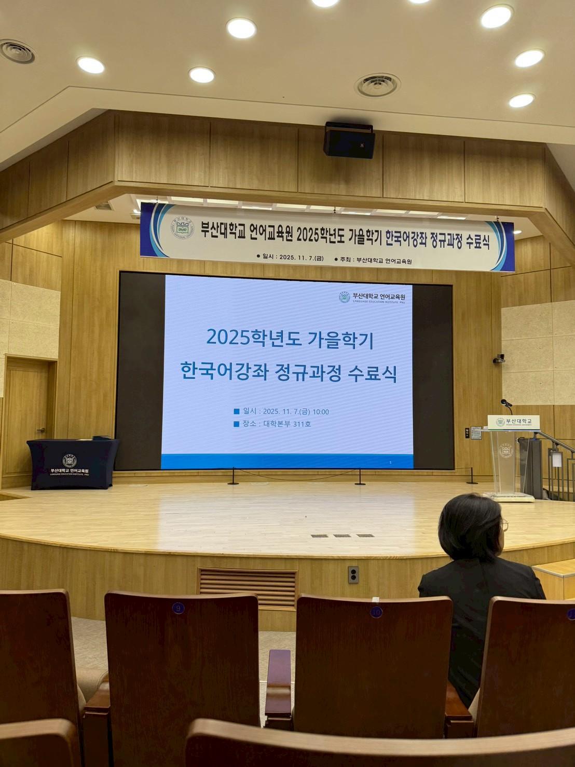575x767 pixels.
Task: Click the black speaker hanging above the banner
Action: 349,140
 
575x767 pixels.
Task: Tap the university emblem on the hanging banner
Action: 182,228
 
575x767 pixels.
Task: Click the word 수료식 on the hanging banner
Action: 477,241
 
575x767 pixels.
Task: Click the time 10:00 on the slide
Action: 321,412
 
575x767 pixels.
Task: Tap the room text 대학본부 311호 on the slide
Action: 287,424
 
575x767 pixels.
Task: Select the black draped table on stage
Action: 73,464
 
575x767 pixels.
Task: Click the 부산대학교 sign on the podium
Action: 513,422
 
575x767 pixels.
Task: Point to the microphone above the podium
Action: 505,403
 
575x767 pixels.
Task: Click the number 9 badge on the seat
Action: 178,608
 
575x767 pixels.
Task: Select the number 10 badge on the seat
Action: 376,612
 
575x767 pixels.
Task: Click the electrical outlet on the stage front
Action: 353,574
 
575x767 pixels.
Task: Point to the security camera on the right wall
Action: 499,358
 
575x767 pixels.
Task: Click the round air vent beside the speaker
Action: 377,85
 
